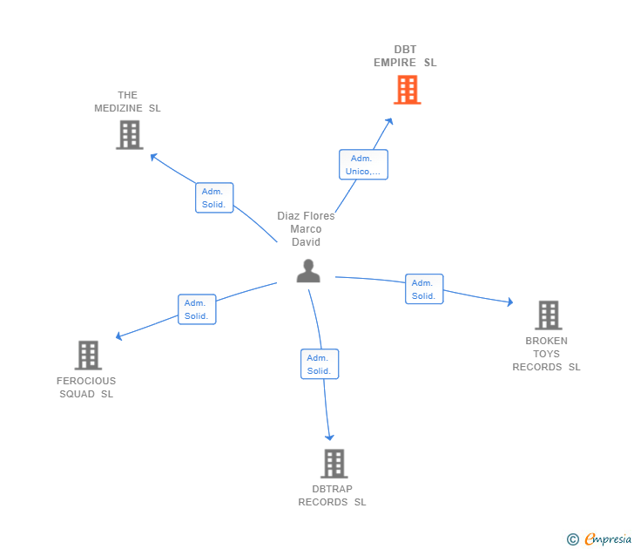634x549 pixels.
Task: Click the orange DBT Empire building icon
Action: point(407,90)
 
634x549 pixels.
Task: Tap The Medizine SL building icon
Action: point(129,135)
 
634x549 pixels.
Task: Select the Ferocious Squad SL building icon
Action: point(88,355)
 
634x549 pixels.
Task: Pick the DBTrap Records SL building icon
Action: point(334,464)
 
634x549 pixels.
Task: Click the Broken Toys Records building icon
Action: point(548,315)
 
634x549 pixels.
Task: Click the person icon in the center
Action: point(308,271)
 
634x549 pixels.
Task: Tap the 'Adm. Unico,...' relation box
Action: point(362,165)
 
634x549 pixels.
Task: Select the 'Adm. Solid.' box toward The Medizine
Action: point(214,198)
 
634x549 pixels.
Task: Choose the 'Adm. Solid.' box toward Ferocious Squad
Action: point(197,309)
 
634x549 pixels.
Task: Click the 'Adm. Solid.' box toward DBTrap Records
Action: point(319,364)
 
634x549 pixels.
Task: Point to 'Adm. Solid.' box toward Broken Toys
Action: point(424,289)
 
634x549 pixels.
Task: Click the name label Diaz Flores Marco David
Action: point(306,229)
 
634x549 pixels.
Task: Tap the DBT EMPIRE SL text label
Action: point(405,56)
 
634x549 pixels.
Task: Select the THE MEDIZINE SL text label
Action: point(128,102)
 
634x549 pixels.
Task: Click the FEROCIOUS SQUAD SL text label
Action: point(86,387)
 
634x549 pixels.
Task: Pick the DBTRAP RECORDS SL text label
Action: point(332,495)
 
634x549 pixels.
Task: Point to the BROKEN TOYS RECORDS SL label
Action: point(546,354)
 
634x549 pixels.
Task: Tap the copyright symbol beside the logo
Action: point(573,539)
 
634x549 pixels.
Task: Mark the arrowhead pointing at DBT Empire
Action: point(390,120)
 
